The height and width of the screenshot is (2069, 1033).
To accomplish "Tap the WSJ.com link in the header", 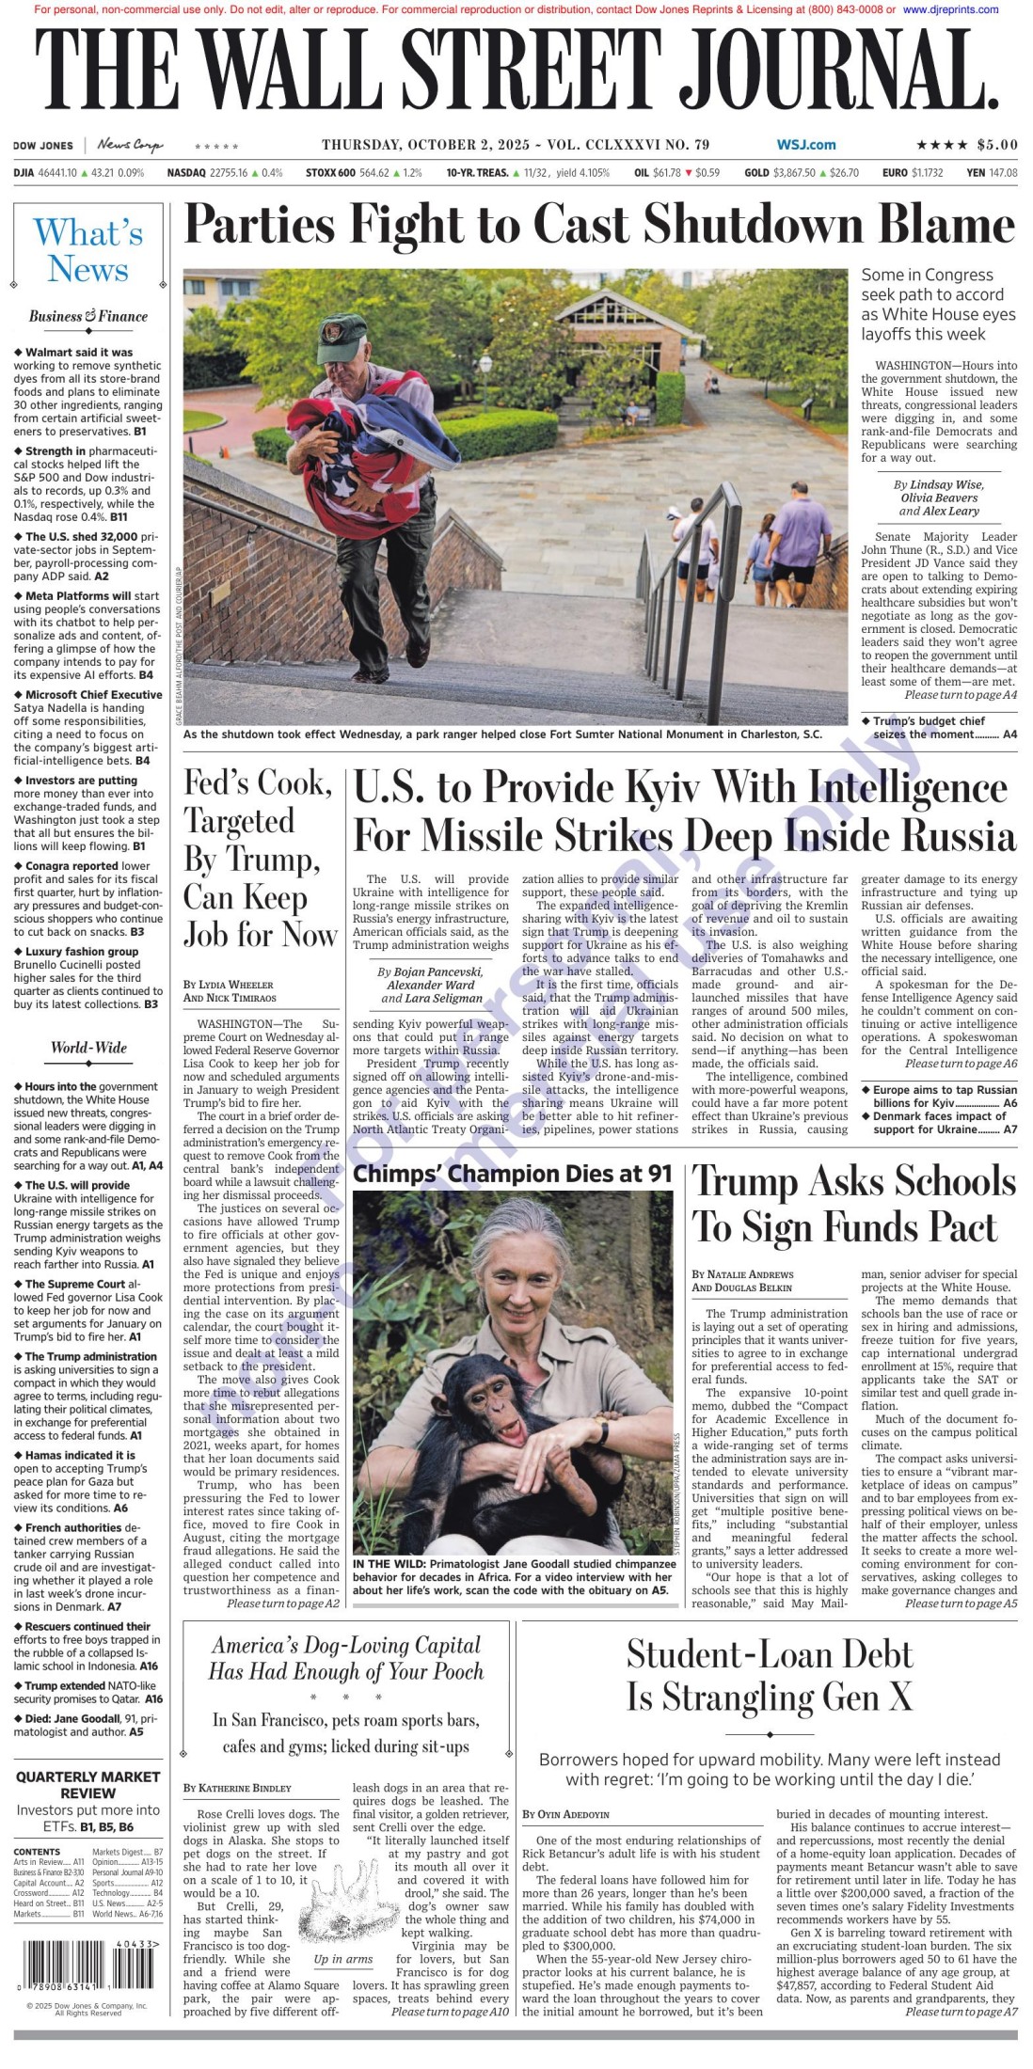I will pyautogui.click(x=805, y=145).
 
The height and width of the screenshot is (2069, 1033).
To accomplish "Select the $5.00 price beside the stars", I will pyautogui.click(x=996, y=145).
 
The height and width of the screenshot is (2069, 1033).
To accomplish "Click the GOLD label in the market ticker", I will pyautogui.click(x=756, y=173).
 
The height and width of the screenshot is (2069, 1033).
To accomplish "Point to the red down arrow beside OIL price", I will pyautogui.click(x=689, y=173).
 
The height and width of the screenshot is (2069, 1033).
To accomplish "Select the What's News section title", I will pyautogui.click(x=88, y=250).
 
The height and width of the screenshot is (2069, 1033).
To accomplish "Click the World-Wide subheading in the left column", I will pyautogui.click(x=88, y=1048).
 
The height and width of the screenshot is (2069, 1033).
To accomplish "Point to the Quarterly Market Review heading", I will pyautogui.click(x=88, y=1785).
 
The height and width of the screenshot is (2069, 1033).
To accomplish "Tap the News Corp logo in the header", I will pyautogui.click(x=129, y=145).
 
